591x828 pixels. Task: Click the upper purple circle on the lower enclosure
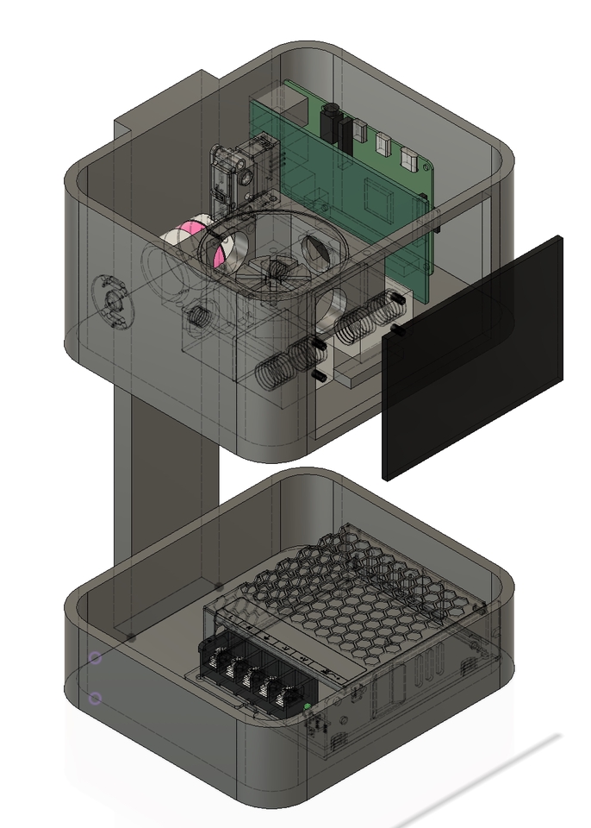pyautogui.click(x=96, y=658)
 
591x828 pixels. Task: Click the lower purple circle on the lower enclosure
pyautogui.click(x=96, y=698)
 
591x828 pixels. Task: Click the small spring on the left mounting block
pyautogui.click(x=196, y=315)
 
